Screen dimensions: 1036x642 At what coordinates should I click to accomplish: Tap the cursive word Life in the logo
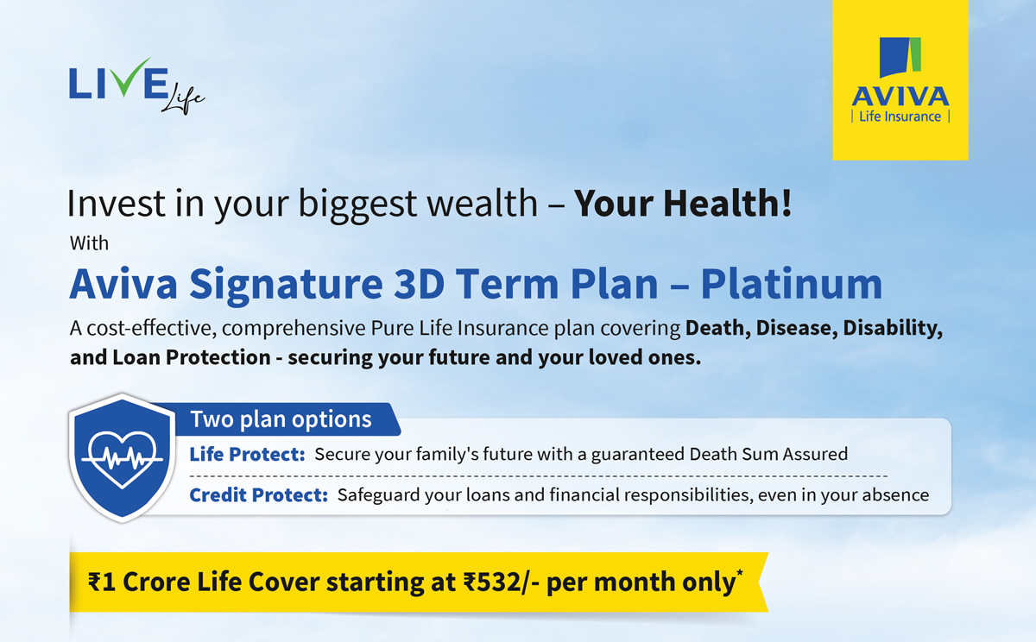coord(183,99)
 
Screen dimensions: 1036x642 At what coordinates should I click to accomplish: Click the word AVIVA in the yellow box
coord(900,97)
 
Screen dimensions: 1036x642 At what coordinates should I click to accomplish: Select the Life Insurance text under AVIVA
coord(900,116)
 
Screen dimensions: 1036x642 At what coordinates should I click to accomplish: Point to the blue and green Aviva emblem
coord(900,57)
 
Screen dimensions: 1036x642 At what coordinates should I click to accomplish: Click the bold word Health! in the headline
coord(728,204)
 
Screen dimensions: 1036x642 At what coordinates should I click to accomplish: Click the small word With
coord(89,243)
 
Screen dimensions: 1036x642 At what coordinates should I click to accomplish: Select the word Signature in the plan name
coord(286,285)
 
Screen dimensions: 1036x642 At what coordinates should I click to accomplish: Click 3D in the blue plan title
coord(419,284)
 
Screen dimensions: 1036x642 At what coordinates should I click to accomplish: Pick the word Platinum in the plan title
coord(792,284)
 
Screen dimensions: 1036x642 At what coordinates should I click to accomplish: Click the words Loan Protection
coord(192,357)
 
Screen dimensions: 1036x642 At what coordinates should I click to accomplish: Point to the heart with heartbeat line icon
coord(122,458)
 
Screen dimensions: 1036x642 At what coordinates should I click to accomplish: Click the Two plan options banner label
coord(281,419)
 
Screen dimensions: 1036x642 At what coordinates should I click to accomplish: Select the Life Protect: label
coord(247,455)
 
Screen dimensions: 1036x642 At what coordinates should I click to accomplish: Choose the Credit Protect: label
coord(258,495)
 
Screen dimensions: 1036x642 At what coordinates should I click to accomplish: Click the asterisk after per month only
coord(740,573)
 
